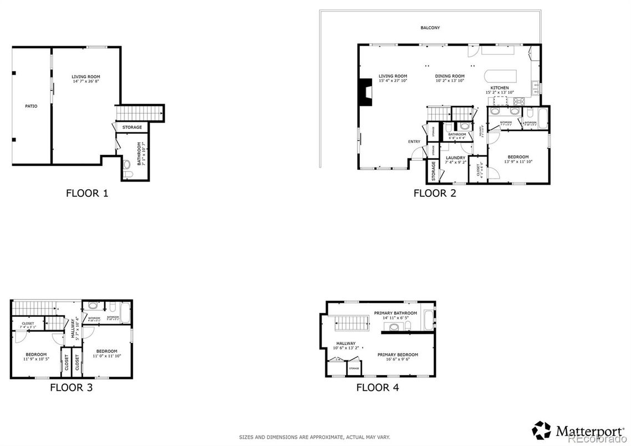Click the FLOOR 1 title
[x=86, y=194]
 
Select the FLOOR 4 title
[x=377, y=387]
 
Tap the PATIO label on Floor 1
[x=31, y=106]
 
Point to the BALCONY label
[x=430, y=28]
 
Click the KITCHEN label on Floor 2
[x=500, y=88]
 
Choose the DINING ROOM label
[x=449, y=76]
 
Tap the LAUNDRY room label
[x=455, y=158]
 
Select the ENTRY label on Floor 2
[x=414, y=141]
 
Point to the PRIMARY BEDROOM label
[x=398, y=354]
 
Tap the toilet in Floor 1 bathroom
[x=127, y=164]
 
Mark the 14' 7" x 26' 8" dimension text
[x=85, y=82]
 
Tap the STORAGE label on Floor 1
[x=132, y=128]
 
